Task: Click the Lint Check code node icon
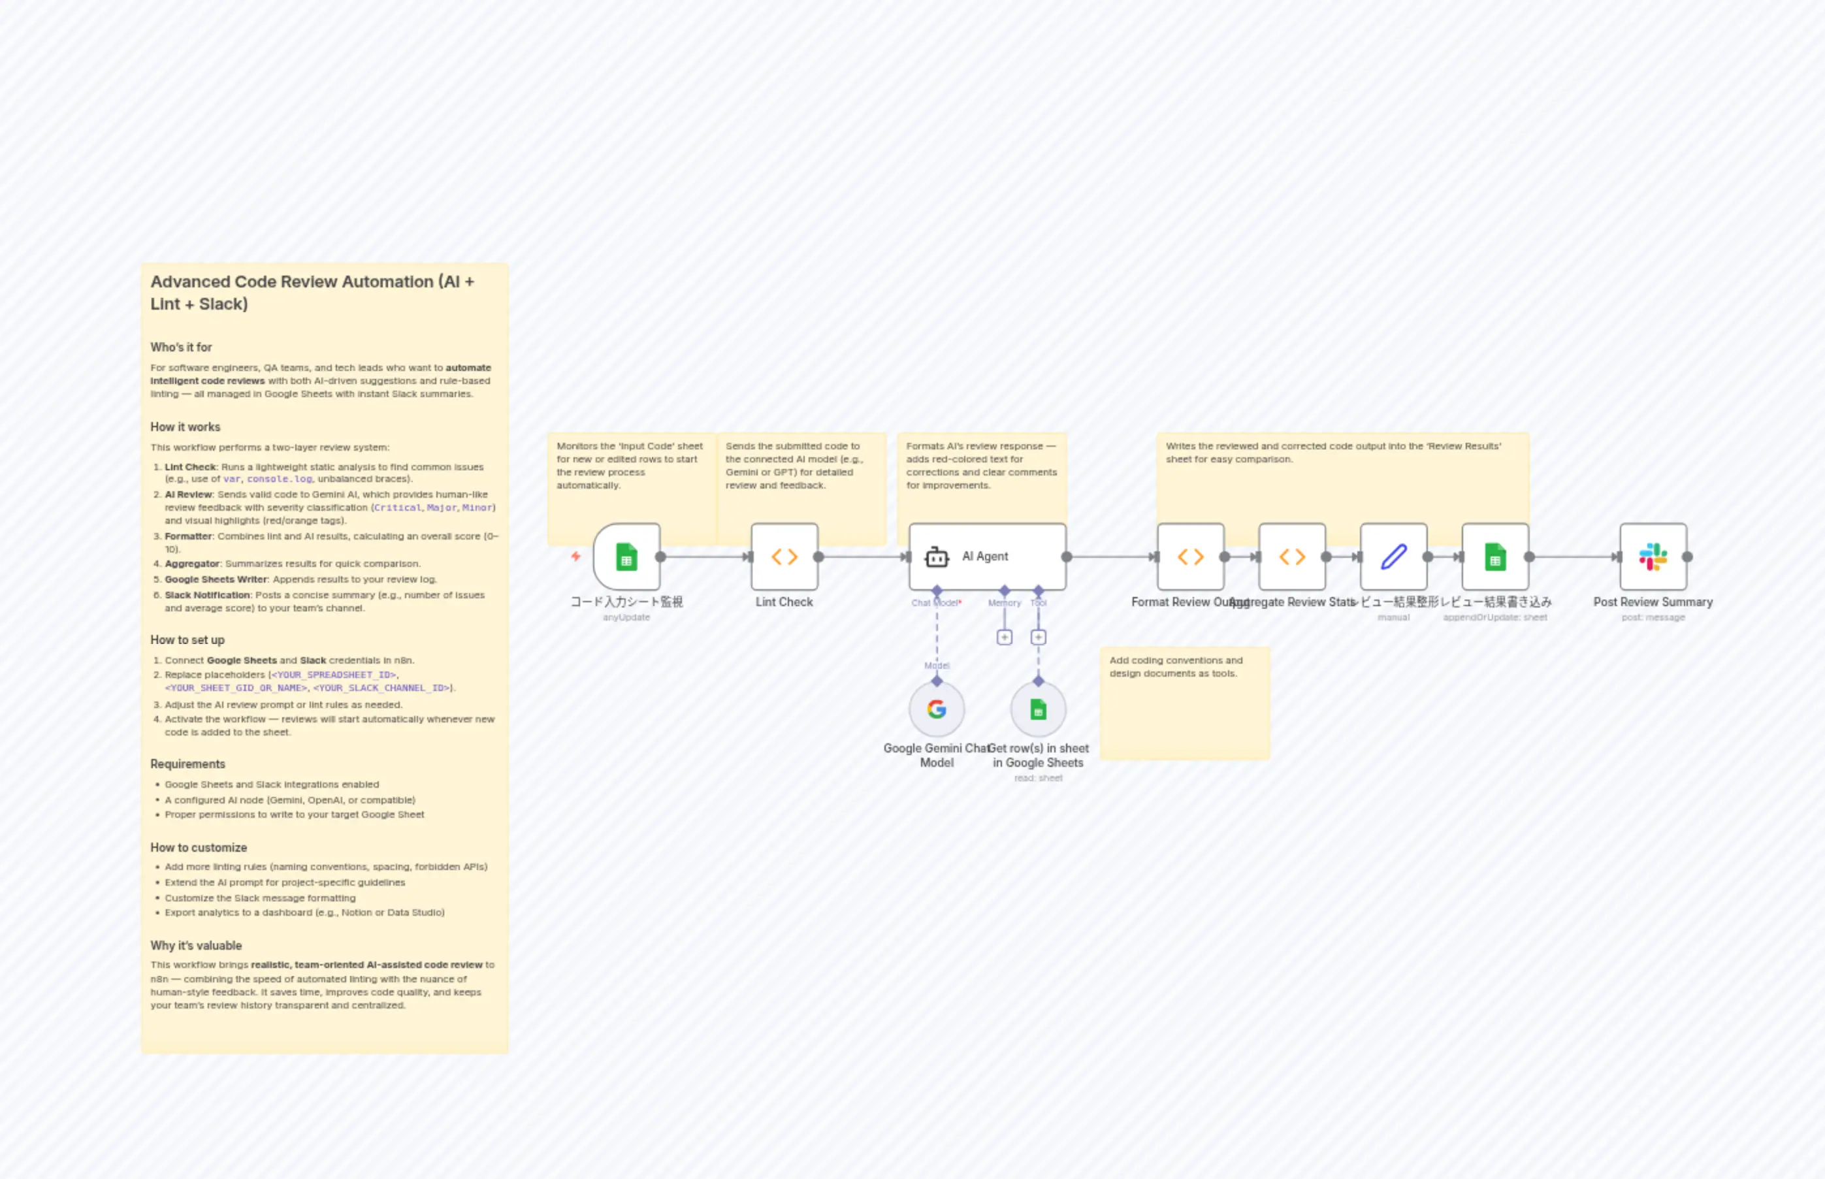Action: [x=784, y=557]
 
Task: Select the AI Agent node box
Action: [x=987, y=557]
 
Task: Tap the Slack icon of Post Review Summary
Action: [x=1653, y=557]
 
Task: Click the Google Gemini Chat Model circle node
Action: [x=936, y=709]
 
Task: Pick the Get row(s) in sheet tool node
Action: [x=1038, y=709]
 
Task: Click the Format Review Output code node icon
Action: [x=1190, y=557]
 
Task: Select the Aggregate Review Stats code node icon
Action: [x=1292, y=557]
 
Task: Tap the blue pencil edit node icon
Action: [x=1393, y=557]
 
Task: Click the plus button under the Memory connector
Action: [x=1005, y=637]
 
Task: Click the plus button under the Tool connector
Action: [x=1038, y=637]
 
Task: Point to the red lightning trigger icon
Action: [x=575, y=557]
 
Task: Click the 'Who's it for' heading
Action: [x=181, y=347]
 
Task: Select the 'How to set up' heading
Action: [x=187, y=640]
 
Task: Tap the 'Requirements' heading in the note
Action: [x=187, y=764]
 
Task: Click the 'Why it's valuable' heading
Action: [x=196, y=946]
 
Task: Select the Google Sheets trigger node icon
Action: [x=626, y=557]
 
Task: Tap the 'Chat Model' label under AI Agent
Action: [x=935, y=602]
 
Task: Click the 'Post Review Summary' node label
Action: [x=1653, y=602]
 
